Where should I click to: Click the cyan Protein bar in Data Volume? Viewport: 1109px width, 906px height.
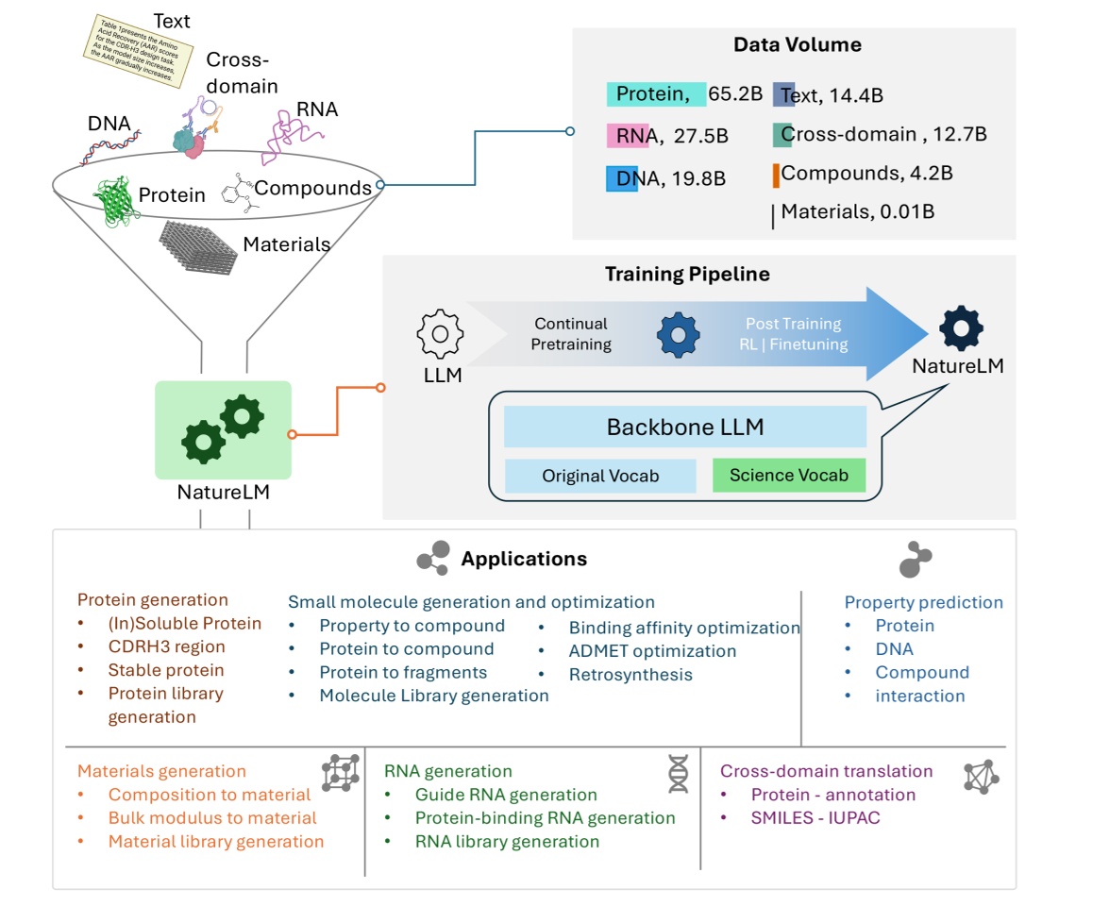pyautogui.click(x=655, y=93)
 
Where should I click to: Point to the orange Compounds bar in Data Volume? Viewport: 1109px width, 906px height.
pyautogui.click(x=776, y=175)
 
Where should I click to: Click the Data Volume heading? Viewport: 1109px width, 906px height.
pyautogui.click(x=797, y=45)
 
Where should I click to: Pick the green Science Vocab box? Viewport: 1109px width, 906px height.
pyautogui.click(x=788, y=476)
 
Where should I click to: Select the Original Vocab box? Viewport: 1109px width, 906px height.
pyautogui.click(x=599, y=476)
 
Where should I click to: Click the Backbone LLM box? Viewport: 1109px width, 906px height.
pyautogui.click(x=684, y=428)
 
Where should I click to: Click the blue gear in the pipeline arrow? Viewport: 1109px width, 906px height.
pyautogui.click(x=679, y=333)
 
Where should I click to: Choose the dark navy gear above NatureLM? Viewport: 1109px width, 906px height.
pyautogui.click(x=961, y=327)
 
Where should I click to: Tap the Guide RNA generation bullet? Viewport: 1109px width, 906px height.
pyautogui.click(x=506, y=795)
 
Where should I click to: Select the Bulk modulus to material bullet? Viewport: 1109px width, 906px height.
pyautogui.click(x=212, y=818)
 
